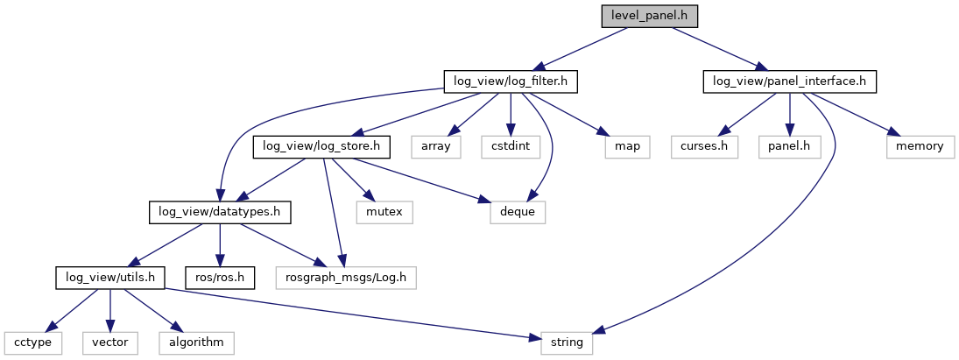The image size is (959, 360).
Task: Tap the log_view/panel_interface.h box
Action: pos(790,81)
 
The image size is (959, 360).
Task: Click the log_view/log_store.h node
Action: pos(322,146)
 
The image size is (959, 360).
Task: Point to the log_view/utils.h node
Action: pos(110,278)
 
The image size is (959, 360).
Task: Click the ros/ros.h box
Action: pos(219,278)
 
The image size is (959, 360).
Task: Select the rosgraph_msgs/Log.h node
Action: pos(345,278)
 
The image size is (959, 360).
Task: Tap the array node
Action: pos(435,146)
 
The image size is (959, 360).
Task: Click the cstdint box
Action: pos(505,146)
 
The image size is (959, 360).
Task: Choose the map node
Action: pos(627,146)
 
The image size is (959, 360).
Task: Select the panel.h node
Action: pos(789,146)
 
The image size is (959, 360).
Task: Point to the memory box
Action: pos(919,146)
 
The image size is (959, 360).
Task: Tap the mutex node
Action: pos(384,211)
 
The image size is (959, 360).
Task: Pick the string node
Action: pos(566,342)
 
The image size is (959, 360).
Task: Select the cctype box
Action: pos(32,342)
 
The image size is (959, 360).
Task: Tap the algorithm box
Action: pos(196,342)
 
